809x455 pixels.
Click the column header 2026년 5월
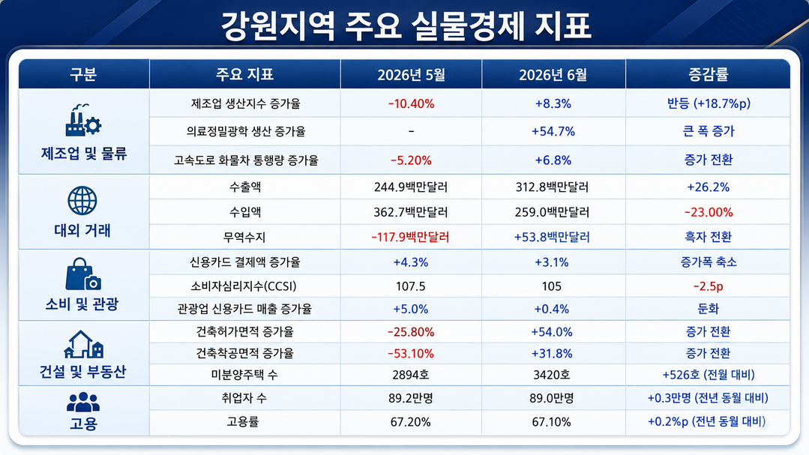pos(411,75)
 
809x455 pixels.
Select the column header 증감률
pos(708,74)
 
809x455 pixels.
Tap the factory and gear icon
pos(83,120)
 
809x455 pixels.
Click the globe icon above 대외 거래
pos(82,201)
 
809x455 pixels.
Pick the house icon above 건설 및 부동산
pos(83,345)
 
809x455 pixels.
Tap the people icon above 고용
pos(83,403)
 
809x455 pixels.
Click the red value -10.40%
pos(411,103)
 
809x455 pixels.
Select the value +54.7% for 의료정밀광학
pos(553,131)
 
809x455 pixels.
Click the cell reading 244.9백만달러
pos(411,187)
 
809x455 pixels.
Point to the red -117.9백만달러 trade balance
pos(411,238)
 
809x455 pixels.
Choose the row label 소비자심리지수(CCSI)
pos(244,286)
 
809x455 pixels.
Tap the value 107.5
pos(411,286)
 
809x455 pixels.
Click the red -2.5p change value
pos(709,286)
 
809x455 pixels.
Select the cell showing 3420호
pos(552,375)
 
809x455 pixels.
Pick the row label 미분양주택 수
pos(244,375)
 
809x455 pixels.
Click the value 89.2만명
pos(411,398)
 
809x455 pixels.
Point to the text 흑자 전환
pos(709,237)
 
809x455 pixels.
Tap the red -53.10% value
pos(411,353)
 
